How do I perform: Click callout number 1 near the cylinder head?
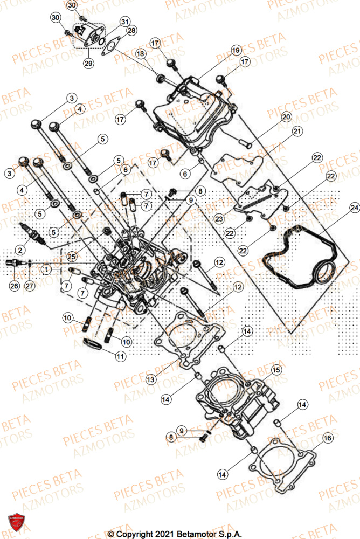click(47, 268)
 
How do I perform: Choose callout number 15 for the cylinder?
click(275, 370)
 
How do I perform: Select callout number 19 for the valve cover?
click(236, 51)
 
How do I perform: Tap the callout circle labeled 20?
click(286, 117)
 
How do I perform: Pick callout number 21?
click(296, 132)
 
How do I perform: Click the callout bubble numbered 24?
click(354, 207)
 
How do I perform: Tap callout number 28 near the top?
click(131, 31)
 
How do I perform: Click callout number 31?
click(125, 22)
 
